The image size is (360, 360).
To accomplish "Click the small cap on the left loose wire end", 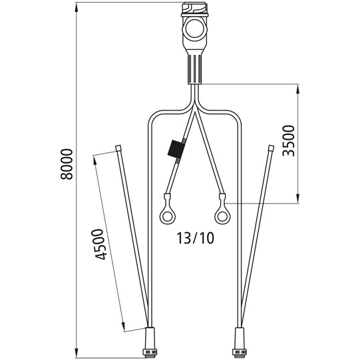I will [118, 148].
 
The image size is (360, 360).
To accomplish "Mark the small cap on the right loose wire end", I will [270, 148].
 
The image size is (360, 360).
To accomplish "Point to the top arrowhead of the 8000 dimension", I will [78, 6].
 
